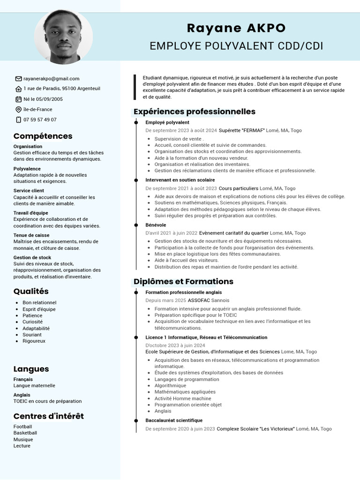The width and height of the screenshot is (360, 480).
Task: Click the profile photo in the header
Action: [x=63, y=37]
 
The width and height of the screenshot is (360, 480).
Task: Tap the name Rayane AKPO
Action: [x=236, y=28]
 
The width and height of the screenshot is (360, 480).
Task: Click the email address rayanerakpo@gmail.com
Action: [x=52, y=79]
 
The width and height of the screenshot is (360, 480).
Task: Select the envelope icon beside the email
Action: [x=18, y=79]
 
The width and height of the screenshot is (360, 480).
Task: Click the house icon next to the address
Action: [x=18, y=89]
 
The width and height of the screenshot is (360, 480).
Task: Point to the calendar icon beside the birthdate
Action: [x=18, y=99]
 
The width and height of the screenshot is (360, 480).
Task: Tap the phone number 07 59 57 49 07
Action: [x=40, y=120]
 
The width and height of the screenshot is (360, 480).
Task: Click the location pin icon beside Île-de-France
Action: [x=18, y=109]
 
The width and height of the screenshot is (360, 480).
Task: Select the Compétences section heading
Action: [x=43, y=136]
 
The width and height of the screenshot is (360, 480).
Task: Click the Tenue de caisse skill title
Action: [x=31, y=235]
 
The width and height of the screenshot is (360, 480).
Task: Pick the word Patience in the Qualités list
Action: [x=32, y=315]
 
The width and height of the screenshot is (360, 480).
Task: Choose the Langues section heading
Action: [x=31, y=369]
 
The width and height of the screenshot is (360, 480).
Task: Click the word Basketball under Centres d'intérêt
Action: [x=25, y=433]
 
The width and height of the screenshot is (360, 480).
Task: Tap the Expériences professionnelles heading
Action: [x=195, y=112]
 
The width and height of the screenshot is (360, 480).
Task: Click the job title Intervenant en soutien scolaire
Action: [x=180, y=180]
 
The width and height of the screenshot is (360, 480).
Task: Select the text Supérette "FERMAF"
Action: [x=242, y=130]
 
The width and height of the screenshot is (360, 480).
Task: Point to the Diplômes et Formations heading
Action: [x=183, y=281]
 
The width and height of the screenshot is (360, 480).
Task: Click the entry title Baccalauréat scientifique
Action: [x=174, y=420]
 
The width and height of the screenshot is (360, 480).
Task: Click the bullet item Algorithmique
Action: [x=170, y=386]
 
